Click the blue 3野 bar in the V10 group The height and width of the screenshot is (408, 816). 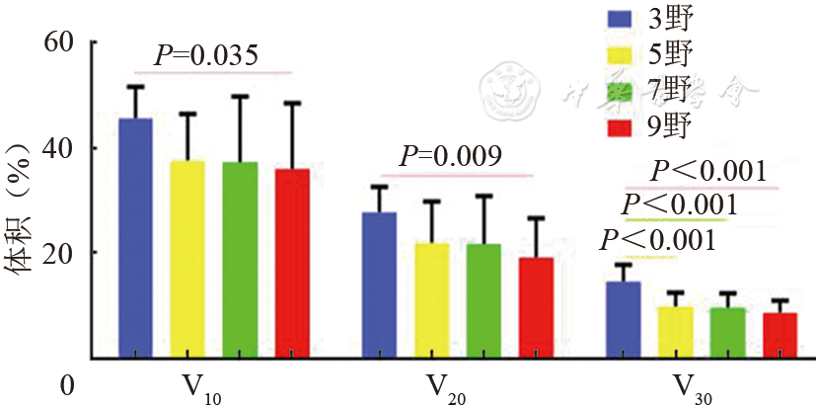135,237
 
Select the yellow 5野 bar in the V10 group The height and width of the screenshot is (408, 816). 187,258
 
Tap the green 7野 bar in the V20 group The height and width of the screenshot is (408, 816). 483,300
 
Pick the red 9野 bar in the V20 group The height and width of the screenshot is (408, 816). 536,307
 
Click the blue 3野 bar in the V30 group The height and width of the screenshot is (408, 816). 623,319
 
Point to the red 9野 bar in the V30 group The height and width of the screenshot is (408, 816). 779,335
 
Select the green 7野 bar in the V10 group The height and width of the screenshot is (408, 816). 240,259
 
